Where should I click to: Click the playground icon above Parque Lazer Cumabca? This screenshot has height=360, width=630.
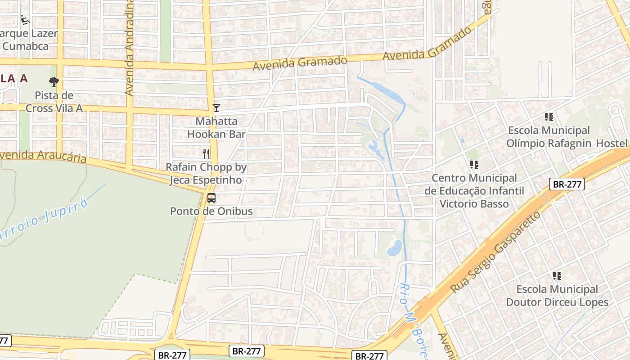(x=25, y=20)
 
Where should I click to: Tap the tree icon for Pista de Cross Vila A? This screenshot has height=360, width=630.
(x=54, y=82)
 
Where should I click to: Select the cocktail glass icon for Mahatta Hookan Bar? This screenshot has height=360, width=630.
(x=216, y=108)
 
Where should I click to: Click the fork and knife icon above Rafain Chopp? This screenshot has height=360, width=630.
(x=206, y=153)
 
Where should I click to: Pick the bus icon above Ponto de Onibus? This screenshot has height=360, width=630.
(x=211, y=198)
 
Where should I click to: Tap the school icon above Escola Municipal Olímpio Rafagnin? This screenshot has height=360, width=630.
(x=549, y=117)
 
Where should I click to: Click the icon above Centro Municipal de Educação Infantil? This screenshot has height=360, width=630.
(x=474, y=165)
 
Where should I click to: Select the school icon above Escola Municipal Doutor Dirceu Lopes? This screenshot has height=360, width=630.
(x=557, y=276)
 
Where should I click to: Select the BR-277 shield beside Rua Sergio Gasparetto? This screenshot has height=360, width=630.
(x=567, y=184)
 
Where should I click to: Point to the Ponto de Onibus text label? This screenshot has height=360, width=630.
(x=211, y=211)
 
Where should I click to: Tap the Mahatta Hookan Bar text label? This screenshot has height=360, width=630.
(x=216, y=128)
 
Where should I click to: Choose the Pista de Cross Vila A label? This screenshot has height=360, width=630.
(x=54, y=102)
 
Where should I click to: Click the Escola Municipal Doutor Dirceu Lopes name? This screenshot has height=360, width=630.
(x=557, y=296)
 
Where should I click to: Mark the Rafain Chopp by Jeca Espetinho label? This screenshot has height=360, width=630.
(x=206, y=174)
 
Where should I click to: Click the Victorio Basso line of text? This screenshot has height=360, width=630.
(x=474, y=204)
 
